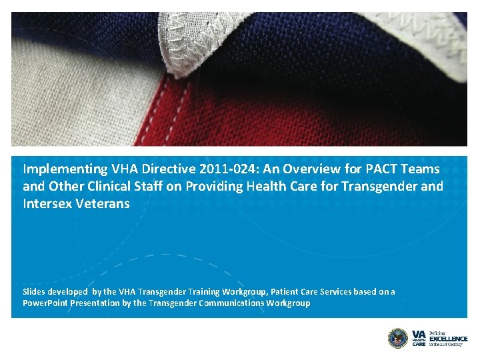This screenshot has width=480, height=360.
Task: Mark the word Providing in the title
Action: coord(215,187)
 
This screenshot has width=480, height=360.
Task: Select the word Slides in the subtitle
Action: coord(35,292)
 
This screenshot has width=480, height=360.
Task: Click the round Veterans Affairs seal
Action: coord(397,337)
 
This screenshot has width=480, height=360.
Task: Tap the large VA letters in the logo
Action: coord(419,333)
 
